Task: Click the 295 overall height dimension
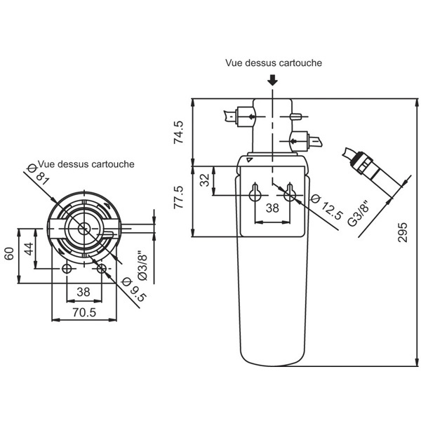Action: pos(402,232)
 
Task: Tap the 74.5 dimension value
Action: pos(178,132)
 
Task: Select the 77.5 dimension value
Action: pos(178,197)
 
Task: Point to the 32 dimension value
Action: pos(205,180)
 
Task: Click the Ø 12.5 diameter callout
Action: pos(327,206)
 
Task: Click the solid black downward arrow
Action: pos(273,80)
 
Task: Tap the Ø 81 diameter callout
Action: pos(39,175)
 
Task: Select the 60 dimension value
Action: pos(9,253)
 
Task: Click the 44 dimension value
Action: pos(29,248)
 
